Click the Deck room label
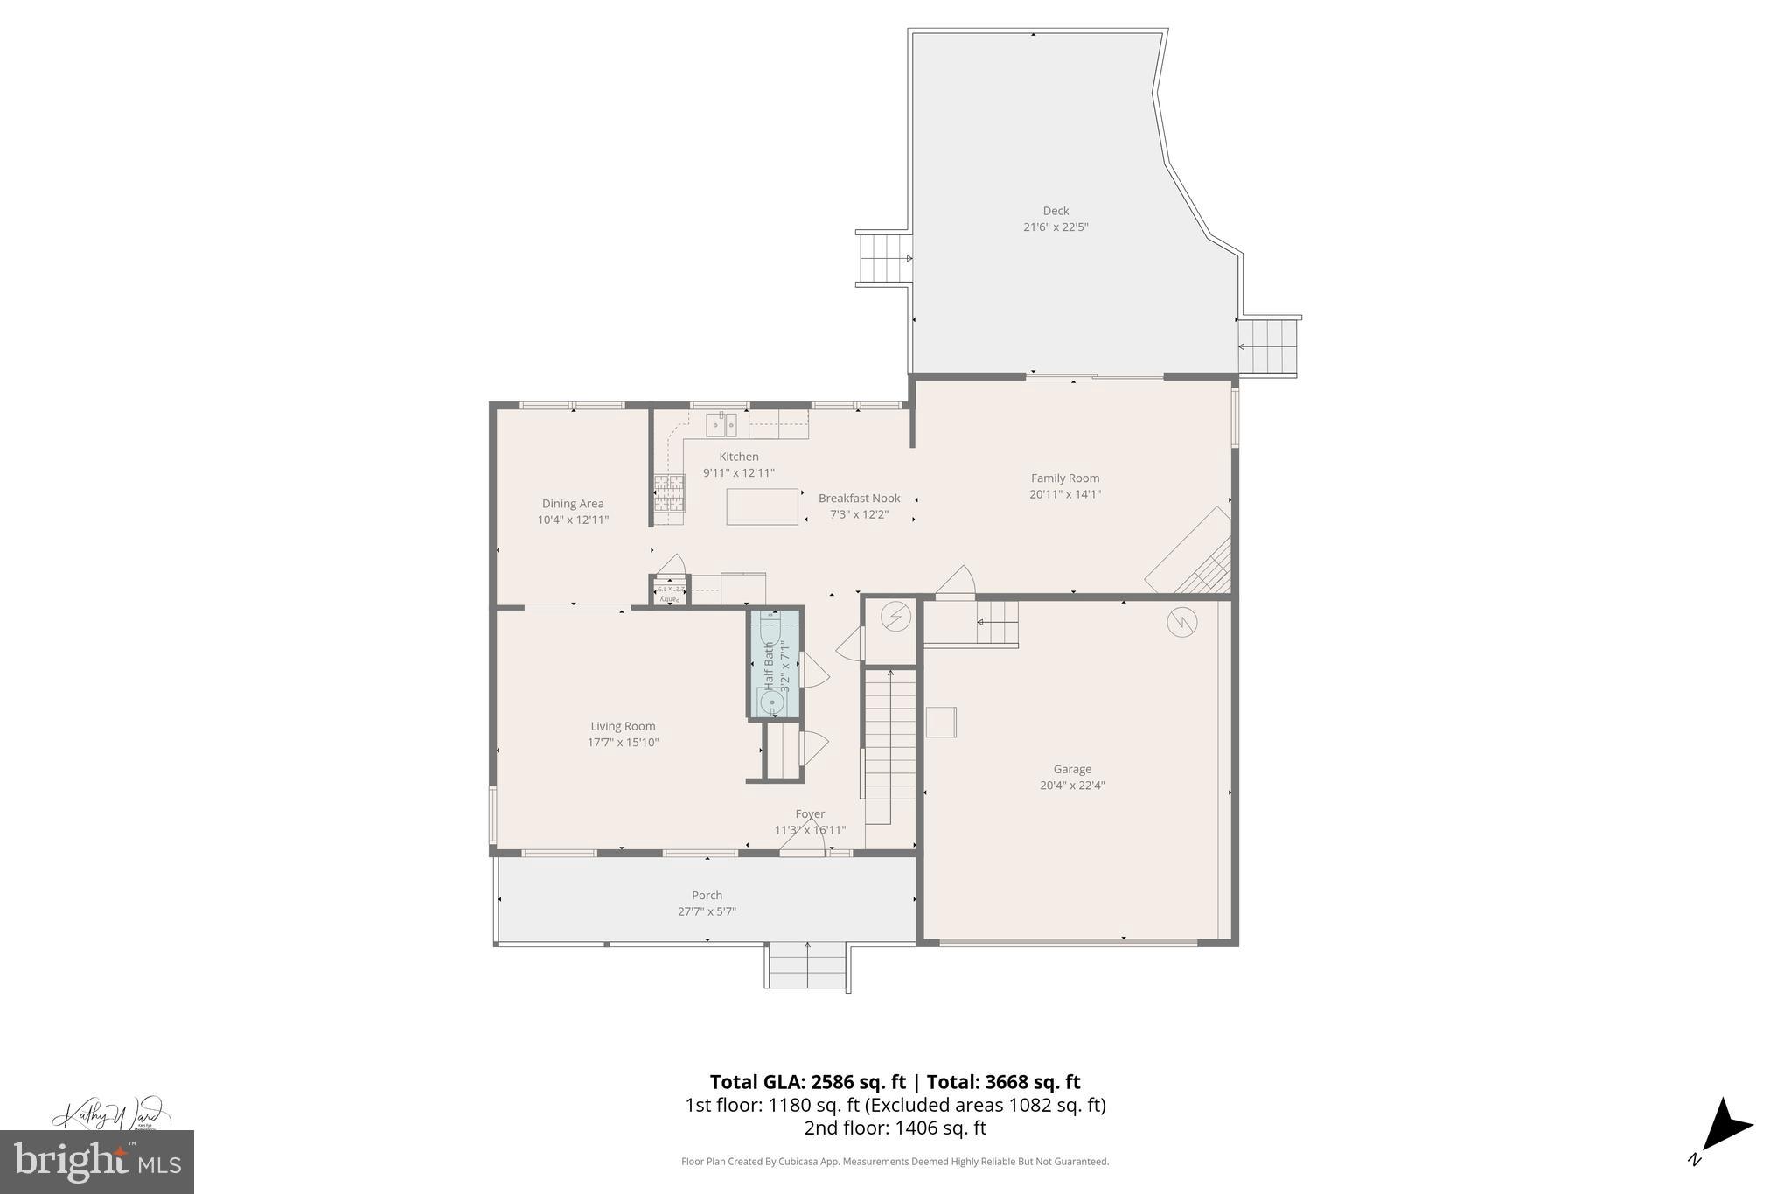click(x=1056, y=211)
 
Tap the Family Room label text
click(x=1064, y=478)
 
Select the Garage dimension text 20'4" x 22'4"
click(x=1072, y=786)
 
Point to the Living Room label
click(x=623, y=726)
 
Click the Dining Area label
click(x=573, y=504)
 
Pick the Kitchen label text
click(x=739, y=457)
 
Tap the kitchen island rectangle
click(x=762, y=506)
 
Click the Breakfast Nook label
click(x=859, y=499)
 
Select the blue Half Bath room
click(x=775, y=664)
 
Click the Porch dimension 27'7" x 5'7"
click(x=707, y=911)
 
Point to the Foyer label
click(x=810, y=814)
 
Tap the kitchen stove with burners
click(x=669, y=492)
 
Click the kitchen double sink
click(x=721, y=425)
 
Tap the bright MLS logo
click(x=97, y=1162)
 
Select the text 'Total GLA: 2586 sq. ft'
click(x=807, y=1082)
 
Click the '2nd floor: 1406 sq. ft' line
click(x=895, y=1128)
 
